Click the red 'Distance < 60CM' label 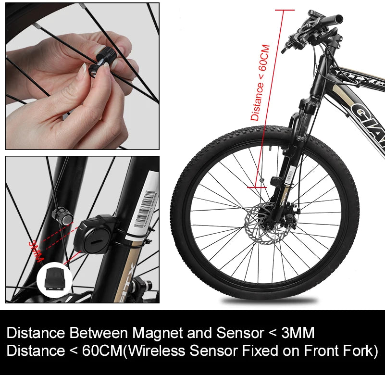pyautogui.click(x=260, y=82)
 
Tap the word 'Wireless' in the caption pyautogui.click(x=159, y=351)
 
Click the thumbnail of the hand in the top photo pyautogui.click(x=82, y=75)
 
